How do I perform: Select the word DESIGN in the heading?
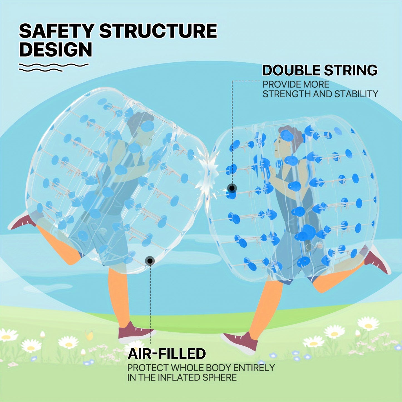tap(55, 50)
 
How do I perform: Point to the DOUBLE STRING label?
tap(320, 70)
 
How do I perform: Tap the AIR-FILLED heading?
tap(167, 354)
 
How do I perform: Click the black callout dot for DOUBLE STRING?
tap(232, 188)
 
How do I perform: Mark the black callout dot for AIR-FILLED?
tap(150, 261)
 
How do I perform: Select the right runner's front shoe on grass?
tap(241, 342)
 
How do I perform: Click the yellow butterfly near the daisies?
tap(89, 335)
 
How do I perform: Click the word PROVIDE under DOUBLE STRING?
tap(278, 85)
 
